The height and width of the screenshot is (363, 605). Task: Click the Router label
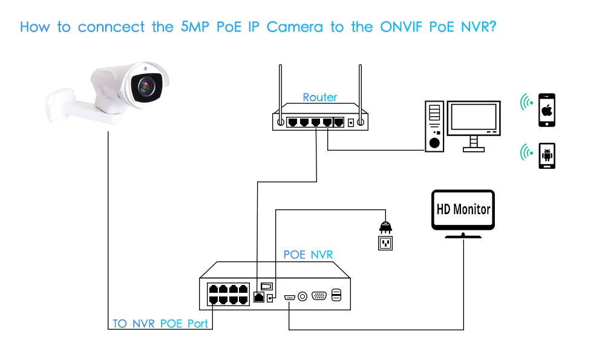pyautogui.click(x=320, y=97)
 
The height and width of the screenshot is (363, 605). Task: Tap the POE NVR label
pyautogui.click(x=308, y=255)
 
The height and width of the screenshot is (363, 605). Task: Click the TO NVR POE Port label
pyautogui.click(x=160, y=324)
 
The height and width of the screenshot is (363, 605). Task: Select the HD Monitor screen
pyautogui.click(x=463, y=209)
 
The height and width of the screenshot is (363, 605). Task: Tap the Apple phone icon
pyautogui.click(x=547, y=110)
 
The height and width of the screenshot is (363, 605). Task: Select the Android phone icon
pyautogui.click(x=547, y=155)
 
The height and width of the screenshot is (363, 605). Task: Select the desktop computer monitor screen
pyautogui.click(x=474, y=119)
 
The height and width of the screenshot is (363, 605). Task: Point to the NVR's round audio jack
pyautogui.click(x=302, y=296)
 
